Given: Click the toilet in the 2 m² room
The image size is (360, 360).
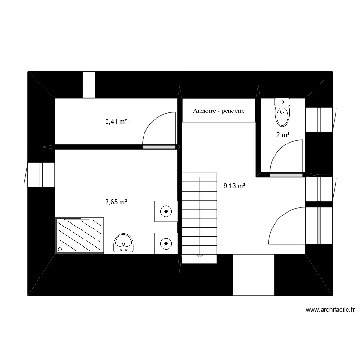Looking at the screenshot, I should [282, 112].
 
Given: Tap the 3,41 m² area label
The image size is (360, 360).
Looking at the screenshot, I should [116, 122].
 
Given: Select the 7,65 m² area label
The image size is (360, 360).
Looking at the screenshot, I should [116, 202].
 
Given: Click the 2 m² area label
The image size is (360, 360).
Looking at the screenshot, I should [283, 135].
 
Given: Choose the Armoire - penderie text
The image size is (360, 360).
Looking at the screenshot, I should [219, 111].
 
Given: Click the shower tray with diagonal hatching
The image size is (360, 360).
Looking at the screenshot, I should [80, 235].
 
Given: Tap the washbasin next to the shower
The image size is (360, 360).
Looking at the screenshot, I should [124, 243].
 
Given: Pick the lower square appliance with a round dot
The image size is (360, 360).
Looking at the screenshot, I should [166, 243].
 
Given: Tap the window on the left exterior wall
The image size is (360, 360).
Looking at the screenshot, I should [41, 174].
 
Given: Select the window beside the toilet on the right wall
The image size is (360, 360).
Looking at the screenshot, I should [319, 119].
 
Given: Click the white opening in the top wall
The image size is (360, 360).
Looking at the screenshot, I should [89, 84].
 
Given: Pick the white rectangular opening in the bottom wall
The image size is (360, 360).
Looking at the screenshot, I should [253, 275].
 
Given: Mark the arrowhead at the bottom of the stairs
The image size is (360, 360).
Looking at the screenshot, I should [199, 256].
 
